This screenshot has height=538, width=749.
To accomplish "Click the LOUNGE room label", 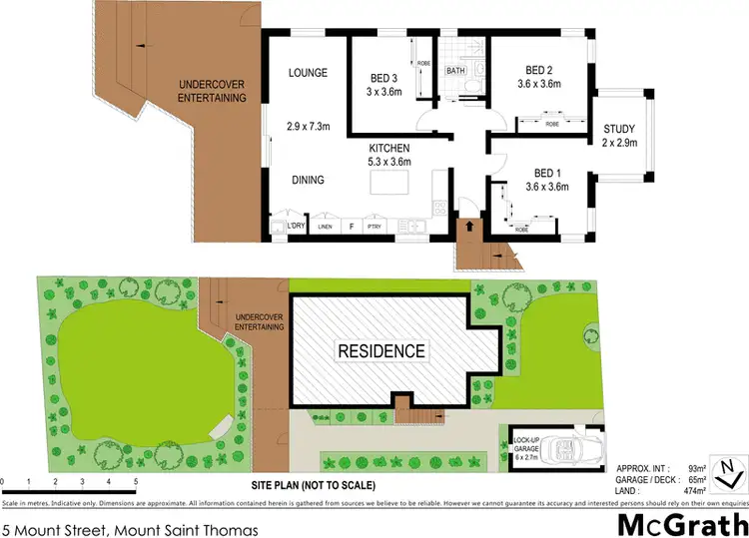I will tap(303, 73).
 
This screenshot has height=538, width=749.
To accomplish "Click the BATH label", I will tap(455, 71).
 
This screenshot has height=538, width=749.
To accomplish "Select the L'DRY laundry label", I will tap(295, 227).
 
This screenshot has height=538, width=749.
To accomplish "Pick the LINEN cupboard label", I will tap(325, 228).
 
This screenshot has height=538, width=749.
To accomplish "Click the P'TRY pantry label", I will tap(374, 228).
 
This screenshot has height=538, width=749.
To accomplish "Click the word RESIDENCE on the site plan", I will tap(380, 351).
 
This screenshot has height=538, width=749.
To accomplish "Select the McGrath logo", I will tap(682, 523).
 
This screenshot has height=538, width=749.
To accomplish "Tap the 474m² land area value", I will tap(695, 490).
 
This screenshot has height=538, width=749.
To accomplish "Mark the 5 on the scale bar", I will tap(135, 481).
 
